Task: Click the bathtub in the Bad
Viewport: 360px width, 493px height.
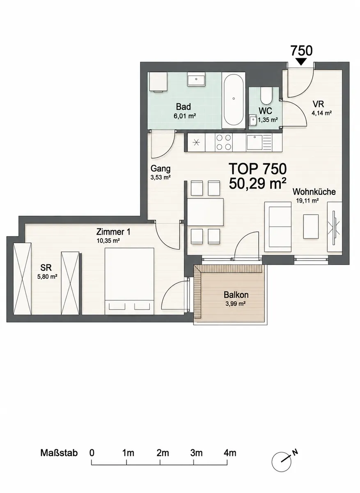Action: (x=233, y=100)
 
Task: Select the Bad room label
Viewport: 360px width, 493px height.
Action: (x=183, y=107)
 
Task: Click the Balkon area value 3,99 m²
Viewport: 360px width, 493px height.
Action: (x=235, y=304)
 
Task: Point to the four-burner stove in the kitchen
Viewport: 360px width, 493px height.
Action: (x=224, y=142)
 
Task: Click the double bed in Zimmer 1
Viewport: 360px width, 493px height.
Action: (x=129, y=281)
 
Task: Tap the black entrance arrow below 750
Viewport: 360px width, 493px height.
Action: (x=301, y=62)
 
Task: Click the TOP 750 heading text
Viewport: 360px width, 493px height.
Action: (x=258, y=169)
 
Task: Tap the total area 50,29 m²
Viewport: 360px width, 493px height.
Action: (x=258, y=183)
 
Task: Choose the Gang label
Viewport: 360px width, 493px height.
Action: (x=161, y=169)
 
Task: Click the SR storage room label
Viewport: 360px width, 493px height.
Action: (x=46, y=267)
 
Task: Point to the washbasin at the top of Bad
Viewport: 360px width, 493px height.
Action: (x=196, y=79)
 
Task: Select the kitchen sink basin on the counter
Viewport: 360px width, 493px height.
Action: (x=255, y=143)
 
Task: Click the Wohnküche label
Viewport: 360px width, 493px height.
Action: (x=314, y=192)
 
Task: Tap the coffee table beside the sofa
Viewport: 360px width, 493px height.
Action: (x=311, y=226)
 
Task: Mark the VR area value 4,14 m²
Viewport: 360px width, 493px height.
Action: (x=322, y=113)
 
